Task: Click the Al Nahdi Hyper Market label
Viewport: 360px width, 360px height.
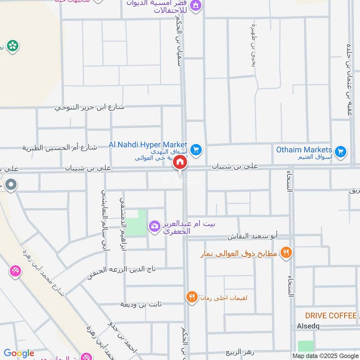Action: (148, 144)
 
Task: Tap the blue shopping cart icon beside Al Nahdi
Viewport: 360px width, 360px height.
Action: (196, 149)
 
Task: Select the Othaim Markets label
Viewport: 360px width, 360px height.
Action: (304, 149)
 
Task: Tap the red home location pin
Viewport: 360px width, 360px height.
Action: (180, 163)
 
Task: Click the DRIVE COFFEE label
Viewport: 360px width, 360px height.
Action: (331, 315)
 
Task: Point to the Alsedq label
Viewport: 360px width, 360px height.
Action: (308, 326)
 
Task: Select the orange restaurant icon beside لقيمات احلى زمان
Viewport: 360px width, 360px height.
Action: (192, 297)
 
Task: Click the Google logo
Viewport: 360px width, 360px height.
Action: (19, 353)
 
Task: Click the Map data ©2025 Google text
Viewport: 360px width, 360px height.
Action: (325, 355)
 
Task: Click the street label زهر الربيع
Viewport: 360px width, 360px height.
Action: (241, 352)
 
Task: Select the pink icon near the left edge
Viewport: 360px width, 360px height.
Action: (15, 271)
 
